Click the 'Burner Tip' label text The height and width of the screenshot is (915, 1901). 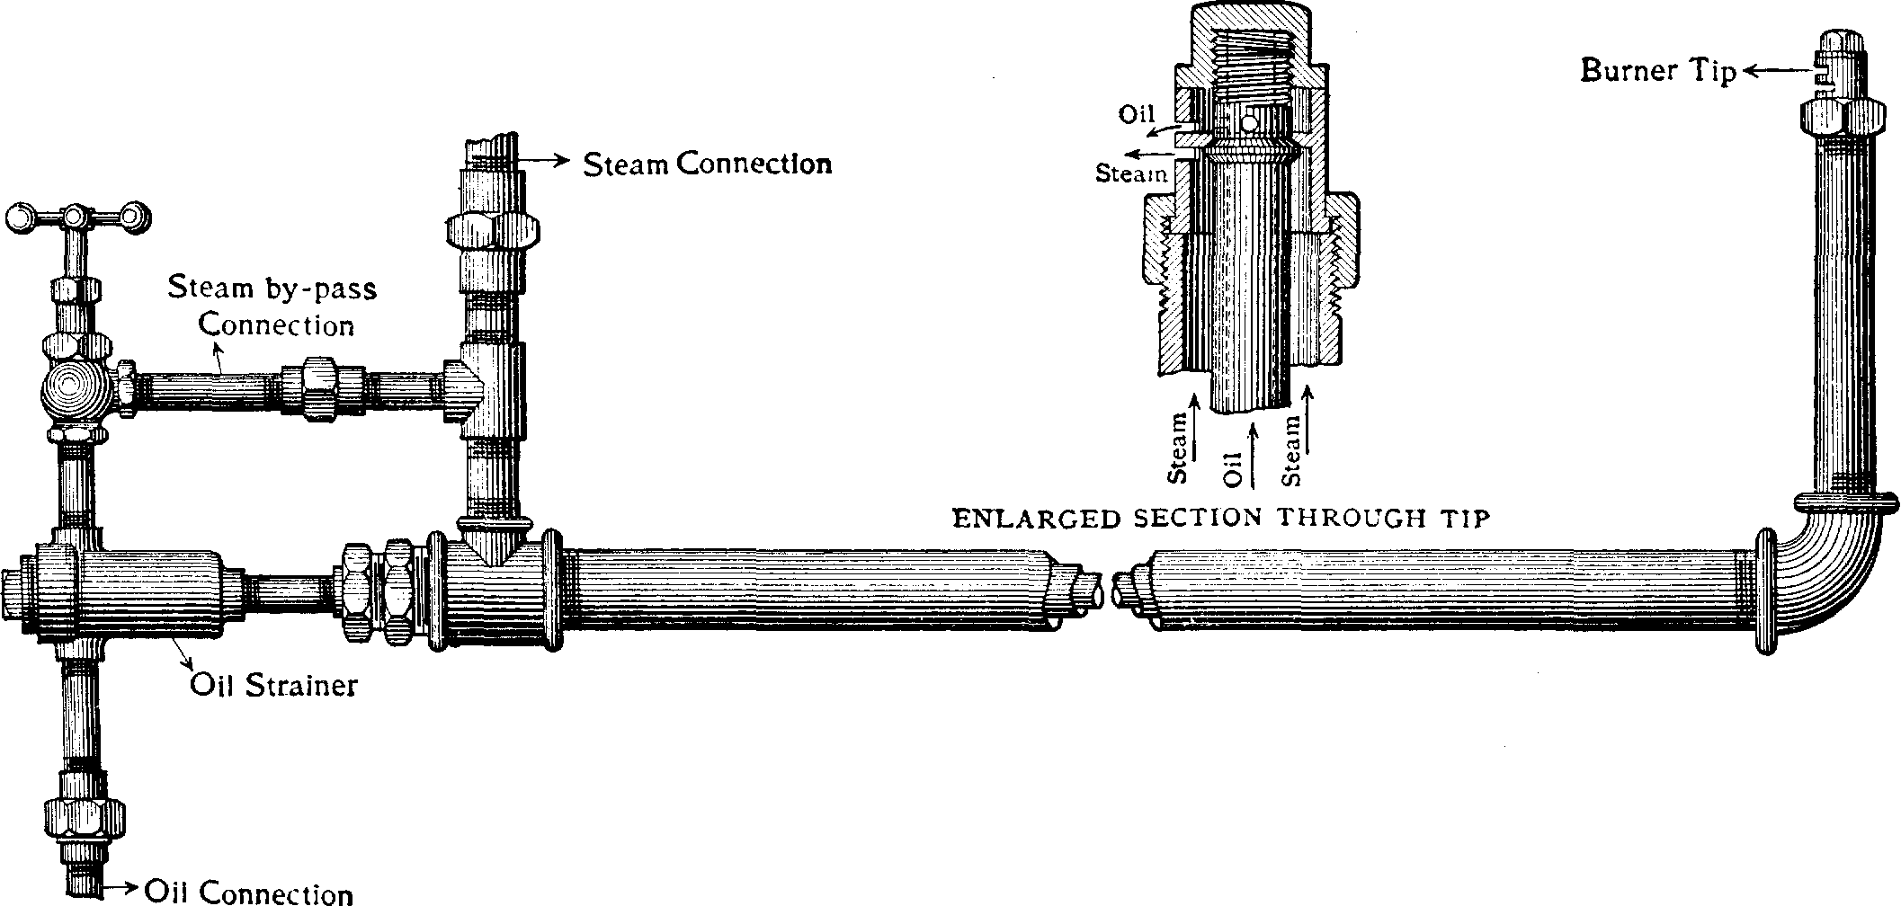[1658, 71]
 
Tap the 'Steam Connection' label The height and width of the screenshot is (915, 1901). [708, 164]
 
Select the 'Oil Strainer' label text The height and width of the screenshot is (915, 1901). [273, 685]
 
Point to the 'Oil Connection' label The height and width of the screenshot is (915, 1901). [248, 893]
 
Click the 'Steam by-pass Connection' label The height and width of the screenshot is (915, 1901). [272, 306]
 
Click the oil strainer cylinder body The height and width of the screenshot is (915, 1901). [135, 593]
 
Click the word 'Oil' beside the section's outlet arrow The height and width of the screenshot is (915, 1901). [1137, 114]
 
